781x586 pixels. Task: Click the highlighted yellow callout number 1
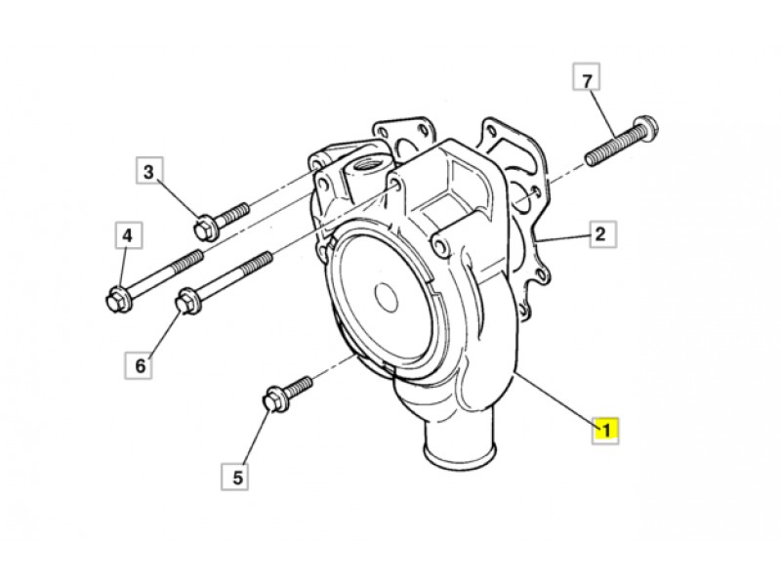tap(605, 430)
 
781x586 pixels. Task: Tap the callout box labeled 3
tap(149, 172)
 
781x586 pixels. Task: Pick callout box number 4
tap(128, 234)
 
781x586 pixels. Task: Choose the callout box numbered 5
tap(235, 477)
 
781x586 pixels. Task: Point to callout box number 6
tap(139, 365)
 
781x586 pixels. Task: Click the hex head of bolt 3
tap(205, 229)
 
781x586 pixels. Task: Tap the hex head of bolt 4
tap(118, 299)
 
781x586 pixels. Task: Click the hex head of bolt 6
tap(187, 302)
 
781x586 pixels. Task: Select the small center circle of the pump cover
tap(386, 297)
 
